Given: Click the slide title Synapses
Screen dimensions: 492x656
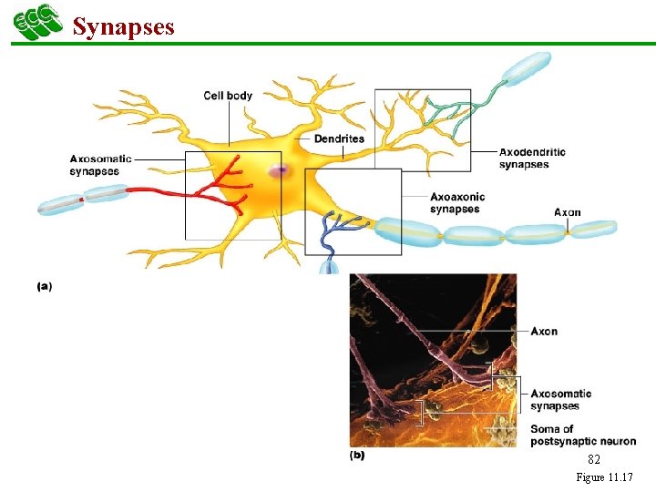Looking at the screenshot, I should [123, 26].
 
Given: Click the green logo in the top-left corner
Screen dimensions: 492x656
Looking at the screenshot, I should [37, 23].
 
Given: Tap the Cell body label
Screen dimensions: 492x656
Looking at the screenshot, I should [228, 96].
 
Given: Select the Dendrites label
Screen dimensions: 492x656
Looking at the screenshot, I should [339, 138].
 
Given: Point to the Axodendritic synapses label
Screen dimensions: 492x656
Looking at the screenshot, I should [532, 159].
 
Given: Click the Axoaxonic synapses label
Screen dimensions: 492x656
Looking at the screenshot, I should [457, 202].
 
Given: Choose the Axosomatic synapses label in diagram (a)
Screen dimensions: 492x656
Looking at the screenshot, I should [100, 165].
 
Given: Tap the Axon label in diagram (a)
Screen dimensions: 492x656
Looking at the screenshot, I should [568, 212].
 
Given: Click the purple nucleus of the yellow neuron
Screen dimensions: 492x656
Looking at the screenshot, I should [278, 171].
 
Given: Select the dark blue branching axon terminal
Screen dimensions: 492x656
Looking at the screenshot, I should [333, 232].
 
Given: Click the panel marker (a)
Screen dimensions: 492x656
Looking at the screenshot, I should [44, 286].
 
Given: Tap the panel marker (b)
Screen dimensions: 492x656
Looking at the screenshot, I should [356, 455].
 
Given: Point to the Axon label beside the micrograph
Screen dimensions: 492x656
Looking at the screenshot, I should [544, 331].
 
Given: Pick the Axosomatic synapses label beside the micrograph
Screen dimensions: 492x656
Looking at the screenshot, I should [560, 400].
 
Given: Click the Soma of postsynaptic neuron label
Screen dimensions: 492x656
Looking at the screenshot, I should [583, 436].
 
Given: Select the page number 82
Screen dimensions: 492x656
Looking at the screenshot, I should [593, 460].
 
